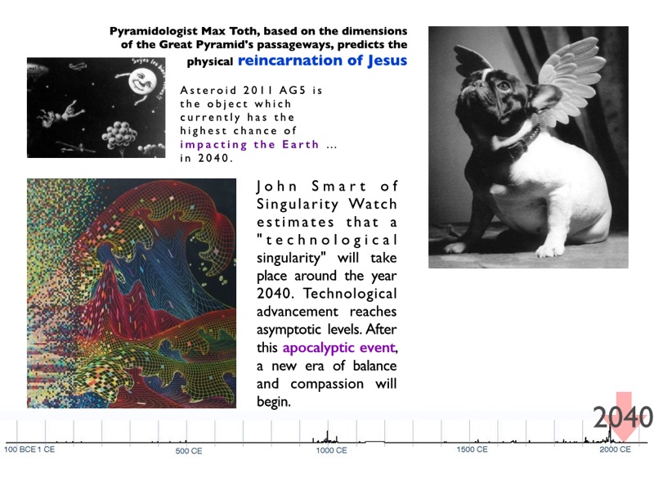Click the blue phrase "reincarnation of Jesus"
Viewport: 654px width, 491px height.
point(322,61)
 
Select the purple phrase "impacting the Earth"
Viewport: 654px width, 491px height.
point(249,145)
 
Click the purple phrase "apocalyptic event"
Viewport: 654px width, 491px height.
point(338,348)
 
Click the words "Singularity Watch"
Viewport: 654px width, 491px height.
point(326,204)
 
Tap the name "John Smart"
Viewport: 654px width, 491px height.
point(311,187)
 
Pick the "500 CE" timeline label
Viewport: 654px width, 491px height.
point(189,451)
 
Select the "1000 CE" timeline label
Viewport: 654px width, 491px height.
point(332,451)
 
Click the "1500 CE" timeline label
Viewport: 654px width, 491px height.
point(473,449)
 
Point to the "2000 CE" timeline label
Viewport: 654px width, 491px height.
point(616,449)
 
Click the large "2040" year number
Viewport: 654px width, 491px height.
point(623,417)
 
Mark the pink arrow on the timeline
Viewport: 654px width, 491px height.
point(625,417)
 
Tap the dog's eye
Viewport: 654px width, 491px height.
point(504,86)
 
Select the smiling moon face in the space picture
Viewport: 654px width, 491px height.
point(141,81)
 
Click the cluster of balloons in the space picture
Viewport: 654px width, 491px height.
point(119,135)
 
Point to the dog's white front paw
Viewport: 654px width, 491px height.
point(549,250)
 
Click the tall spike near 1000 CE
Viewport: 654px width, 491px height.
point(328,436)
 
